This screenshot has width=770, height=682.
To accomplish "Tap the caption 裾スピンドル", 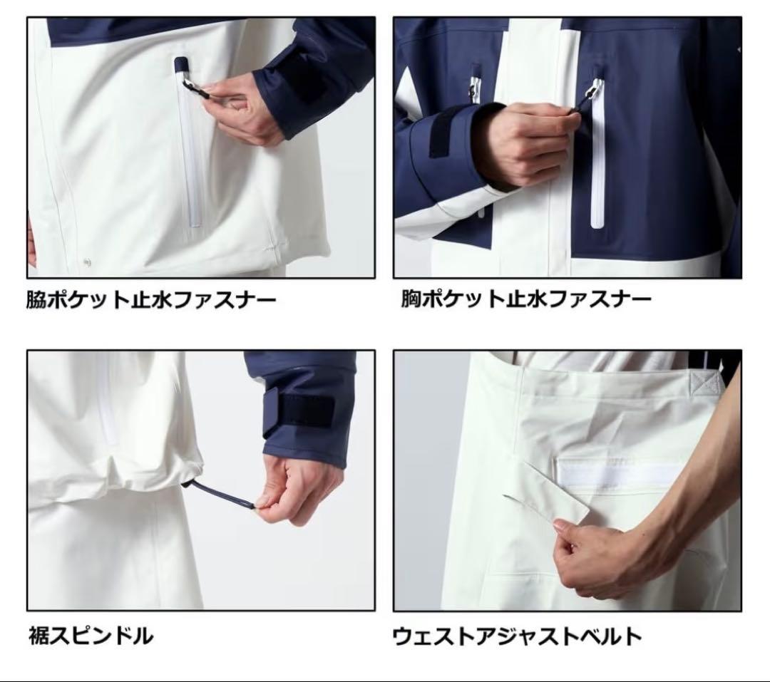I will tap(91, 633).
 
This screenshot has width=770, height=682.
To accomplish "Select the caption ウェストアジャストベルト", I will tap(518, 634).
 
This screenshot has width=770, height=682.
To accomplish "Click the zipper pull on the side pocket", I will tap(192, 88).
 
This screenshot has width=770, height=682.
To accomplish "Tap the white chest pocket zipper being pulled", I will tap(597, 164).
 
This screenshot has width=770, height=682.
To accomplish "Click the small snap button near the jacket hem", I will tap(87, 262).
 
